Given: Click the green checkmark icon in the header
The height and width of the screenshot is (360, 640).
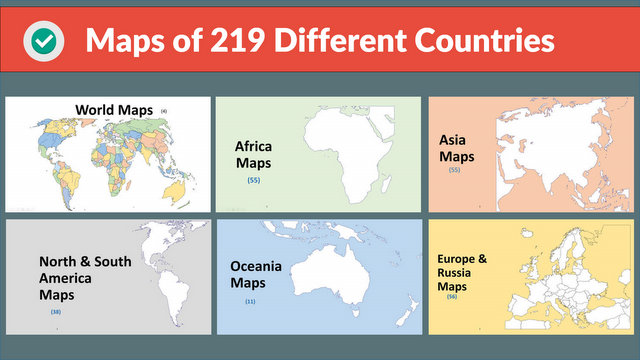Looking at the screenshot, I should pyautogui.click(x=43, y=41).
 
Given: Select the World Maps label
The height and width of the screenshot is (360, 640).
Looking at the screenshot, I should pyautogui.click(x=115, y=109).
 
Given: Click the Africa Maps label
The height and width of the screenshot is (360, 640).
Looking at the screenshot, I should pyautogui.click(x=253, y=154).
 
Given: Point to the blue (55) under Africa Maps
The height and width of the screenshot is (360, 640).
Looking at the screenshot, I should pyautogui.click(x=253, y=180).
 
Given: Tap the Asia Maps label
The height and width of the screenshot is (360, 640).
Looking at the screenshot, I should pyautogui.click(x=456, y=148).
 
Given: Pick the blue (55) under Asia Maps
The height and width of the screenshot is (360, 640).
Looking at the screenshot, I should pyautogui.click(x=455, y=170).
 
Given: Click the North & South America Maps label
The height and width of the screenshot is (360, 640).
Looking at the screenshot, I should pyautogui.click(x=85, y=278).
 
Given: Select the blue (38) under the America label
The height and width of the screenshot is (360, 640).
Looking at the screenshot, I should pyautogui.click(x=56, y=312).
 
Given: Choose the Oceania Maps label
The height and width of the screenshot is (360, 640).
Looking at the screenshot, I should pyautogui.click(x=256, y=275).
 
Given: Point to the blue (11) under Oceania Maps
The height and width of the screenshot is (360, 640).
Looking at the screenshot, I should pyautogui.click(x=250, y=301).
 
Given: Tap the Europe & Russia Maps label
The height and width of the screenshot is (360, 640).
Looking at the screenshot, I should pyautogui.click(x=462, y=273).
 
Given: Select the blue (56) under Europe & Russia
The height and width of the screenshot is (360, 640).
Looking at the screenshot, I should pyautogui.click(x=452, y=297).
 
